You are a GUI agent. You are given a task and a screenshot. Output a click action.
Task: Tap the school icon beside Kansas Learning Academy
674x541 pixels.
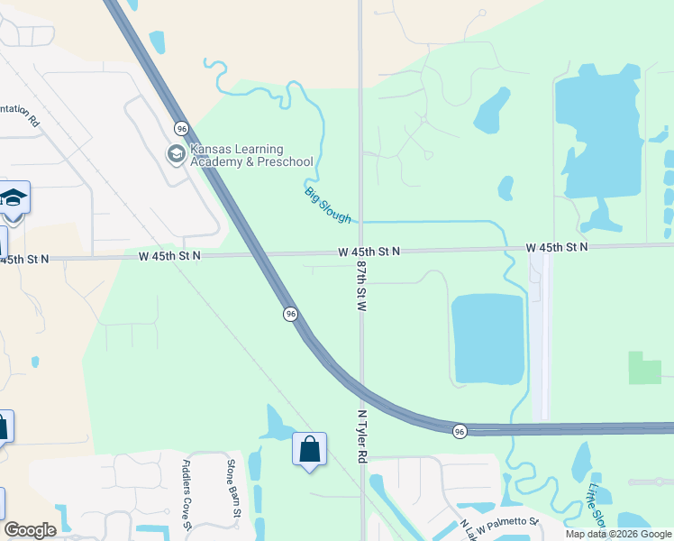click(176, 155)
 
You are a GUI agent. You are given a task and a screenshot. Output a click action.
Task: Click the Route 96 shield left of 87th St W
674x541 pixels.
click(290, 314)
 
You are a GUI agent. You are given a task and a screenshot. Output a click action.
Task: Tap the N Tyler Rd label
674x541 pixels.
click(362, 437)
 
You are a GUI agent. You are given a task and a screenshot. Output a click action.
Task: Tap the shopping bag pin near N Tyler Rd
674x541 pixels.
click(309, 450)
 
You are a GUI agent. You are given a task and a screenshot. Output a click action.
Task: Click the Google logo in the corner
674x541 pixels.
click(30, 529)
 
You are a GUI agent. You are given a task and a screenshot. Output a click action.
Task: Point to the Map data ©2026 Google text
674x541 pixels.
click(619, 534)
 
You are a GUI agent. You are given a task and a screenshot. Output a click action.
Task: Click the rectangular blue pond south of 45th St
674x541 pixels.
click(487, 338)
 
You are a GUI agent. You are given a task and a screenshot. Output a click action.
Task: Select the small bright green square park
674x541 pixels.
click(644, 368)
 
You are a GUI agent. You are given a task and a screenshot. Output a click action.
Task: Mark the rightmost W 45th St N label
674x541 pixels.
click(557, 247)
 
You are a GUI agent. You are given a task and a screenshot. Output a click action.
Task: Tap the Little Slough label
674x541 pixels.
click(597, 505)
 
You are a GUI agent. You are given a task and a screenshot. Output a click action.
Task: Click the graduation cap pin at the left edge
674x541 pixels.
click(14, 197)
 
